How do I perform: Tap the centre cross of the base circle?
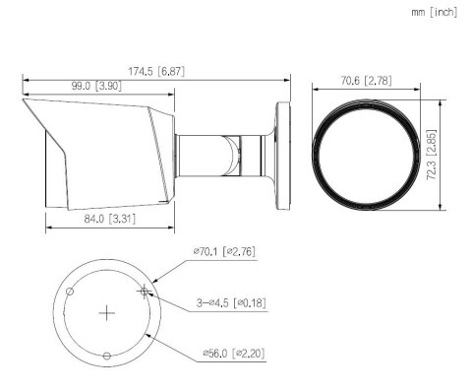pyautogui.click(x=107, y=312)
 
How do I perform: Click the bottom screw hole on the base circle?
pyautogui.click(x=107, y=356)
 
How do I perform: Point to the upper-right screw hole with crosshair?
pyautogui.click(x=145, y=291)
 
